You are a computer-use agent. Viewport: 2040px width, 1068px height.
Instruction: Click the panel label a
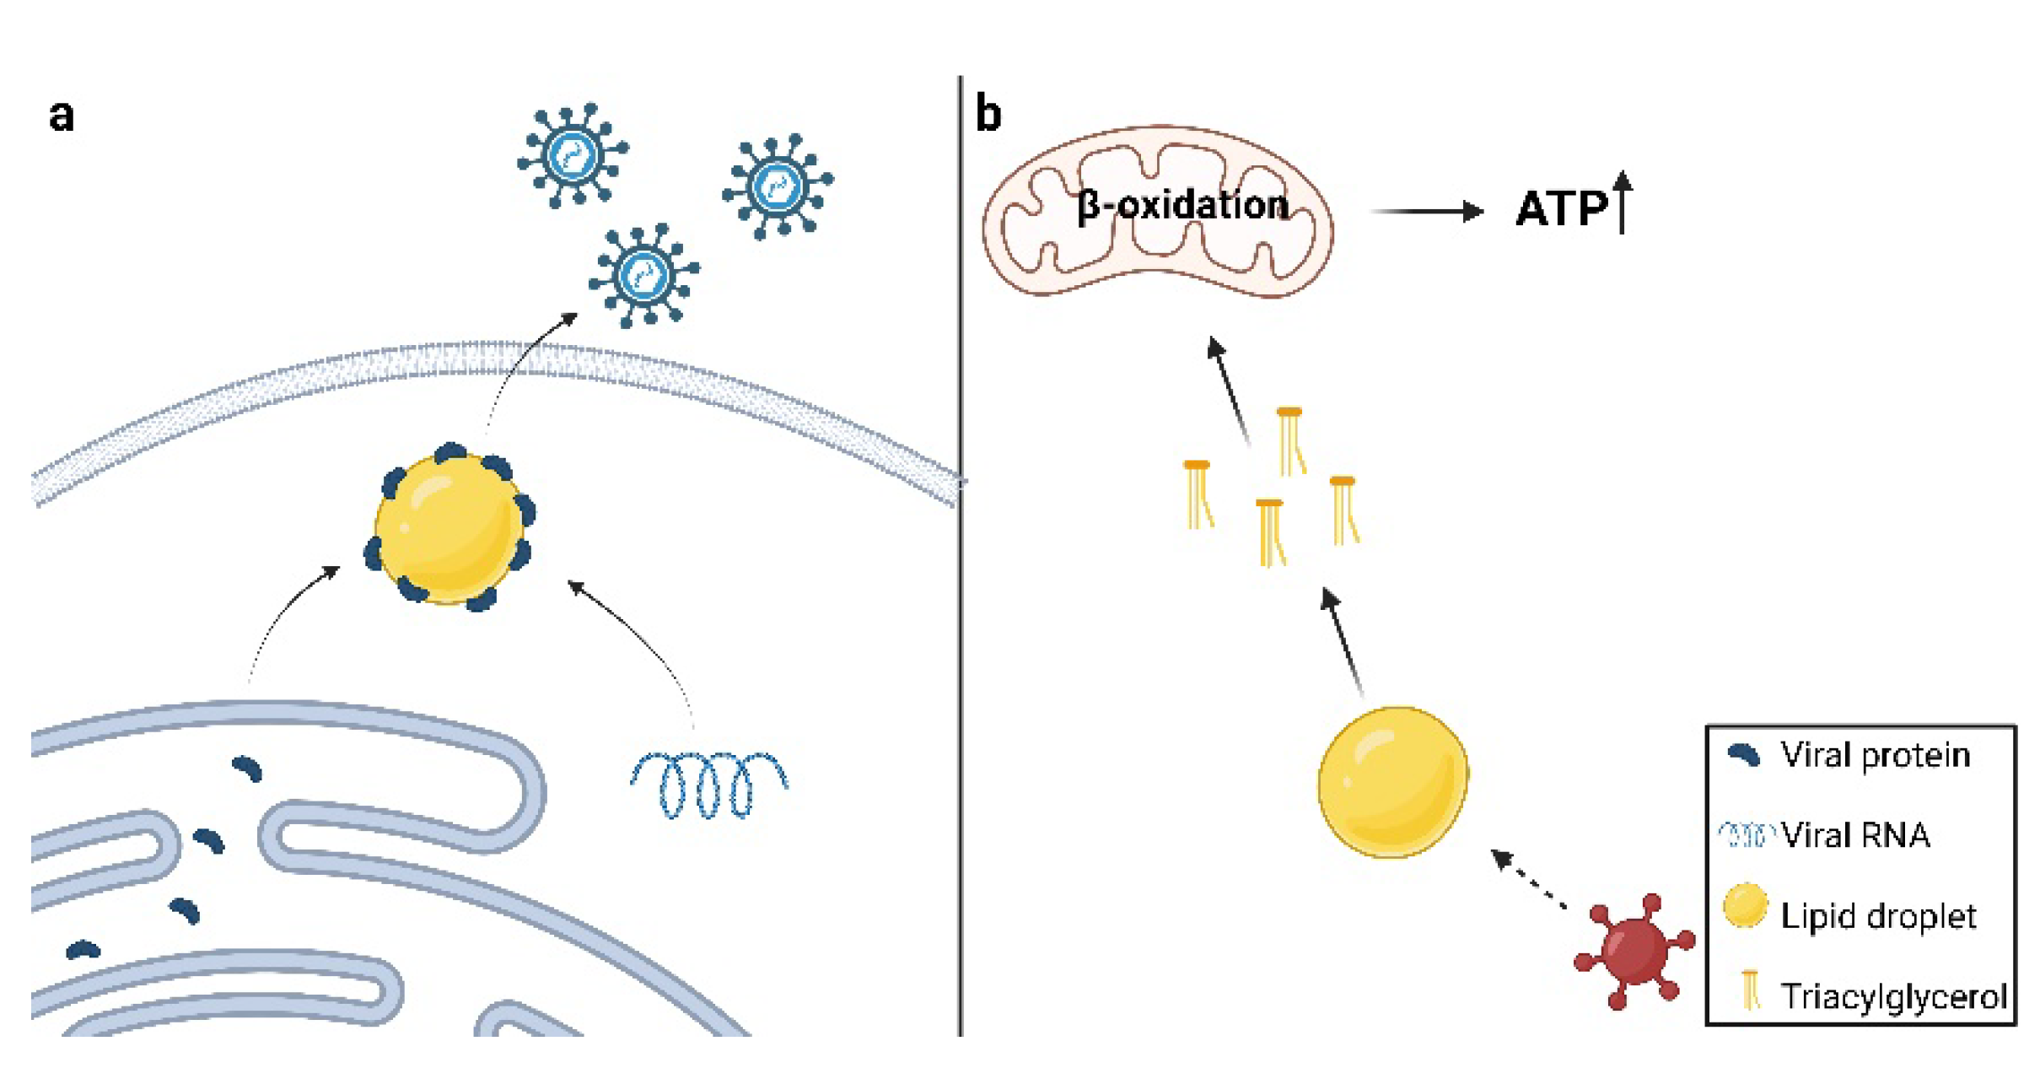coord(61,116)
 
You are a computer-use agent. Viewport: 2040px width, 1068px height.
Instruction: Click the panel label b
coord(988,114)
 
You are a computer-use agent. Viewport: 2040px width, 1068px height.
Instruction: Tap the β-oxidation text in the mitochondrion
coord(1182,206)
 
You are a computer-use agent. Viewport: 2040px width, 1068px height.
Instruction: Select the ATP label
coord(1561,209)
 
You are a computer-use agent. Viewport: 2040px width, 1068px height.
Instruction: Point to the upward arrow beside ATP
coord(1622,202)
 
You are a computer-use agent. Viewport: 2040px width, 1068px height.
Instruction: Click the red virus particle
coord(1634,951)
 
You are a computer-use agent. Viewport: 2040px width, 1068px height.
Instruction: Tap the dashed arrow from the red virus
coord(1529,880)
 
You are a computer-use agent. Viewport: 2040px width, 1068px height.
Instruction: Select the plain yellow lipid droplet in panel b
coord(1392,782)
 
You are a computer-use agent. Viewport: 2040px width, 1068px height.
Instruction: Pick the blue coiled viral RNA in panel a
coord(708,785)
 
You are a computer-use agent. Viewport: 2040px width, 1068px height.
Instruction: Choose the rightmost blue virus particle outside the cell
coord(778,186)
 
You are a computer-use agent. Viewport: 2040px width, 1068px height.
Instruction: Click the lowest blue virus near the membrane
coord(644,276)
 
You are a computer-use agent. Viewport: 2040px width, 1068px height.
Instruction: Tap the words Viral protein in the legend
coord(1875,755)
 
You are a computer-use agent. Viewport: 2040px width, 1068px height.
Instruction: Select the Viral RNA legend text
coord(1855,835)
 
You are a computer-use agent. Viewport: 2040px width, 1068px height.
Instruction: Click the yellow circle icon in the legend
coord(1744,906)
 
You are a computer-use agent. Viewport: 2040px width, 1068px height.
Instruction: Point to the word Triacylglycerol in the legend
coord(1892,996)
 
